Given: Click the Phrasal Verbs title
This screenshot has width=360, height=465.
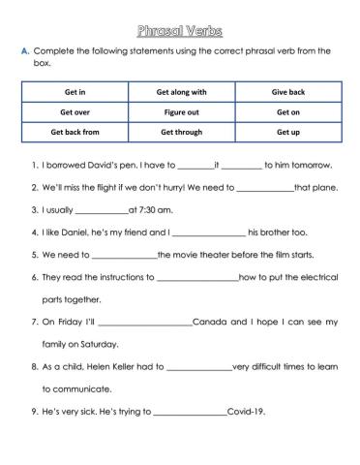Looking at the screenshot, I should coord(180,17).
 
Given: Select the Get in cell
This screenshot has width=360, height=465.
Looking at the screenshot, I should coord(75,92).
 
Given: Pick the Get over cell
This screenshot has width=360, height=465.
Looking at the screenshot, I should coord(75,111).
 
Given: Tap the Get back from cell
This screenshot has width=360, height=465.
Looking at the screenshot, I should coord(75,131).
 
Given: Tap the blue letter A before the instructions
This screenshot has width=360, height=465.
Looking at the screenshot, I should coord(23,48).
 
